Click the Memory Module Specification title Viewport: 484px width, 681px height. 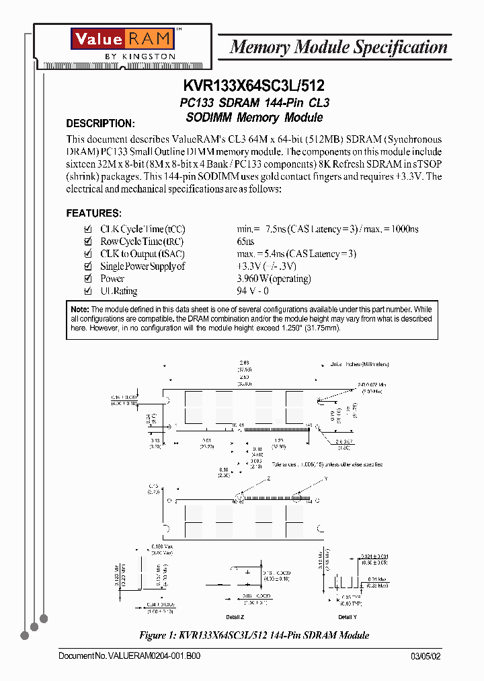(338, 47)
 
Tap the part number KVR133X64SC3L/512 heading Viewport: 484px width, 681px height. (253, 86)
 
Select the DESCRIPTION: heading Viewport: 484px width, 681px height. (100, 124)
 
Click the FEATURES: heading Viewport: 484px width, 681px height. (93, 213)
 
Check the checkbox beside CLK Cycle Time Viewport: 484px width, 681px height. (87, 229)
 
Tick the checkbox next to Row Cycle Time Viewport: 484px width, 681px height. (87, 242)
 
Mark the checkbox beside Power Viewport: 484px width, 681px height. (87, 279)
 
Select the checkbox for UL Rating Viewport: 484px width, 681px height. (87, 291)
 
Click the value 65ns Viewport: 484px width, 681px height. (245, 242)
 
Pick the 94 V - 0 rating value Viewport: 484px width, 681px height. (253, 291)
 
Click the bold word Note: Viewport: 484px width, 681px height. (79, 308)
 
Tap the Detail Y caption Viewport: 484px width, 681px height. (347, 617)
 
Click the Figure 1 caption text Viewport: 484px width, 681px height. (253, 635)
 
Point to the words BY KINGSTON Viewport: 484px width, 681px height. (140, 57)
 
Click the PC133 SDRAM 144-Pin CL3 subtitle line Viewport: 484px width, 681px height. (253, 103)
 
